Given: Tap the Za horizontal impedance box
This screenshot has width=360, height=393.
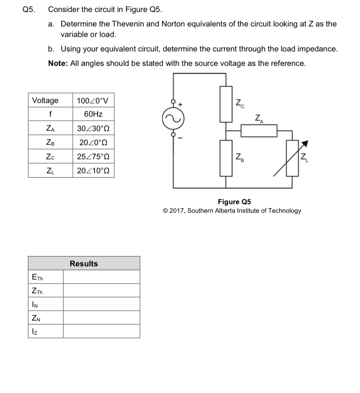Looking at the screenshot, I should (x=259, y=130).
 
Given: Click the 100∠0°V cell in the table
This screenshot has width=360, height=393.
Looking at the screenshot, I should (x=93, y=100).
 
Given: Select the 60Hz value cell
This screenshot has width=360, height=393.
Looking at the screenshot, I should (x=93, y=114).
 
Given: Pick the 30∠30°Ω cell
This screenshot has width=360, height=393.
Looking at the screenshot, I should (x=93, y=129).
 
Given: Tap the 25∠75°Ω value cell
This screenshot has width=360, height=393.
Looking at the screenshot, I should (x=93, y=157).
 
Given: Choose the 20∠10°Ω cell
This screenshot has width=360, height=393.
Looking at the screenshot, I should (x=93, y=171).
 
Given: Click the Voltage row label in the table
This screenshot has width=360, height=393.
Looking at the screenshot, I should (x=45, y=100).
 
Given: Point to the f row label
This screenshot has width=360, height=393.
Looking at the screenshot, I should (x=50, y=114).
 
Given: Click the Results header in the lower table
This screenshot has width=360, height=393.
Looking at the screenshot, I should (x=84, y=264).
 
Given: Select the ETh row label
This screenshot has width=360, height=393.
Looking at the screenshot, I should (x=37, y=277).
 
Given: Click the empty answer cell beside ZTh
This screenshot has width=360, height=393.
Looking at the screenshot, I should (x=101, y=291).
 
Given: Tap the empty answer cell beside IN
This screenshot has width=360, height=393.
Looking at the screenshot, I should (x=101, y=304).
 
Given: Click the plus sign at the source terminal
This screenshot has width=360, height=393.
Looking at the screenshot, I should (x=181, y=105).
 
